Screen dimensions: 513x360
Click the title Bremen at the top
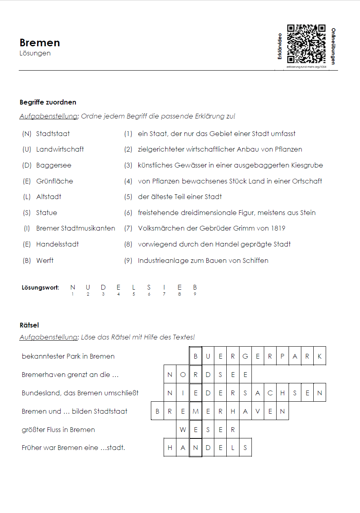tap(40, 43)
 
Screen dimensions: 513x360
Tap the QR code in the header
tap(306, 44)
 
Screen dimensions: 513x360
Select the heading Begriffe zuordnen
tap(48, 102)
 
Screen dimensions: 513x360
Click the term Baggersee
tap(53, 165)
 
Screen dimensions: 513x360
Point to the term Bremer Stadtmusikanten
tap(75, 228)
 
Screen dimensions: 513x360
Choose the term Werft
tap(45, 260)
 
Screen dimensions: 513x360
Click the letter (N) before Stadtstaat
tap(27, 134)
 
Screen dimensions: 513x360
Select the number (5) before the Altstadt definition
tap(128, 197)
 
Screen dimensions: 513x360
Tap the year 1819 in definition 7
tap(278, 228)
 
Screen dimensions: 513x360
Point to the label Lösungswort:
tap(40, 287)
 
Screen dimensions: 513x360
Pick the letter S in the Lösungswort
tap(149, 287)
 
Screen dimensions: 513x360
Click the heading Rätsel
tap(29, 325)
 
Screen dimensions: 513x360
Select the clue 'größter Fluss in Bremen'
tap(58, 430)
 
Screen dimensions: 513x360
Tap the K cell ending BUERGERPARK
tap(320, 356)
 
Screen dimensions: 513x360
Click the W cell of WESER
tap(183, 430)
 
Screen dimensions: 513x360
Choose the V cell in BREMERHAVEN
tap(257, 411)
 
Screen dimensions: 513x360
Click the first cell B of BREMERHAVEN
tap(158, 411)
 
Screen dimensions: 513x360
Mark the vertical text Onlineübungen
tap(333, 46)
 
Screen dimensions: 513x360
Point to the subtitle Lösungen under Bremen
tap(35, 53)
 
